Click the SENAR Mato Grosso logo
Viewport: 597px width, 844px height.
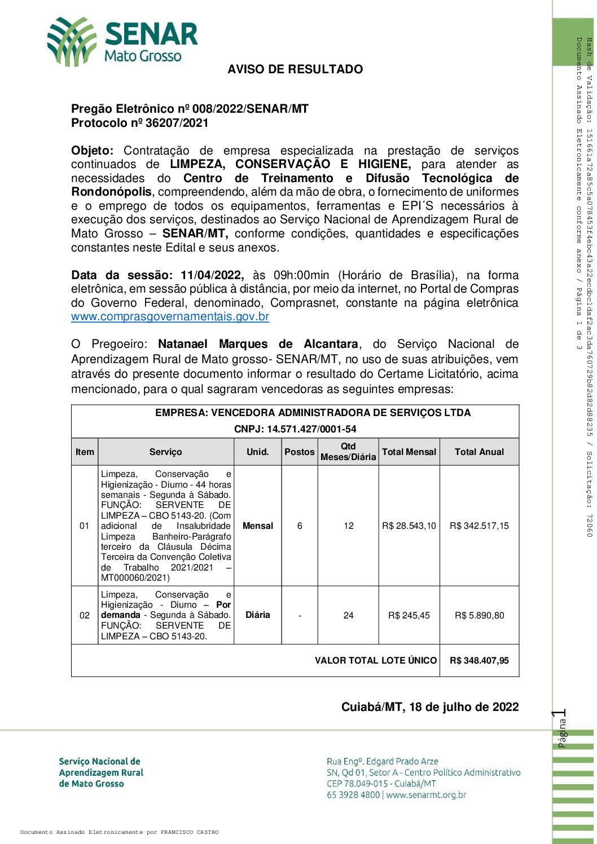pos(122,41)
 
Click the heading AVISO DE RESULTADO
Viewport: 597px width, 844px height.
pos(295,69)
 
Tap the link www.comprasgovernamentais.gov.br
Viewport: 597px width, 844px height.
pos(170,316)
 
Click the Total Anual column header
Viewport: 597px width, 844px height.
pos(479,452)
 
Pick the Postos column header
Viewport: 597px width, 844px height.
pos(299,452)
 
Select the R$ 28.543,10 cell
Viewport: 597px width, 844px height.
pos(409,525)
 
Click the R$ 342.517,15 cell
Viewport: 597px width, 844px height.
pos(479,525)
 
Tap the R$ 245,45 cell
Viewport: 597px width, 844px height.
pos(409,615)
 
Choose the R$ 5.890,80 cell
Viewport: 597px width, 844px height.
pos(479,615)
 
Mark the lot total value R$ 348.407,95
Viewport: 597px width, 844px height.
pos(479,660)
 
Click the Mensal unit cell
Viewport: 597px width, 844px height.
pos(257,525)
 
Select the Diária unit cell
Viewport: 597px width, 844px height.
pos(257,615)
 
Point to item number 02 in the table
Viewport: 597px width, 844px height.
pos(85,615)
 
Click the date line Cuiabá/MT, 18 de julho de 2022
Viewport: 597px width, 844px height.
pos(430,707)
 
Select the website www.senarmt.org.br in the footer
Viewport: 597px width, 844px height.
pos(426,795)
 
